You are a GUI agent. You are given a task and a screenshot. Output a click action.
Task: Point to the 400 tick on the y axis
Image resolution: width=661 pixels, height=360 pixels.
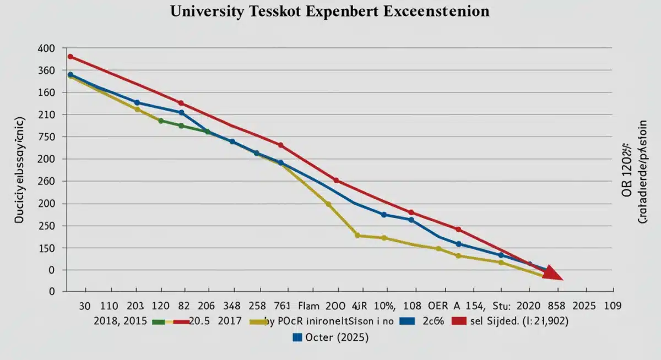(47, 48)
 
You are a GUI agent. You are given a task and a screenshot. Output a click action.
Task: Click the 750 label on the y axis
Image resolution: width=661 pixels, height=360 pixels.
(47, 137)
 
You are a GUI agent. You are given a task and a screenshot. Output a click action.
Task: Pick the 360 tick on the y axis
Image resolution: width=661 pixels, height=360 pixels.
(47, 70)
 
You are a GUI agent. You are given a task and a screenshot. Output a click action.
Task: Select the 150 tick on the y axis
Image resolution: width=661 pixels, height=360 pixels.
(47, 248)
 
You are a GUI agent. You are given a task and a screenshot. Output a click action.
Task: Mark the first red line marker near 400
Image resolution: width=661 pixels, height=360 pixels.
(70, 56)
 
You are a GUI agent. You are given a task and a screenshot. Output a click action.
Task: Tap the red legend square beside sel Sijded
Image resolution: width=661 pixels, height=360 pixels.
(458, 322)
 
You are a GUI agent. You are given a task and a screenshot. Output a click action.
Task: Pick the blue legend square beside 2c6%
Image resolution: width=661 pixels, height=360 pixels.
(408, 322)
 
